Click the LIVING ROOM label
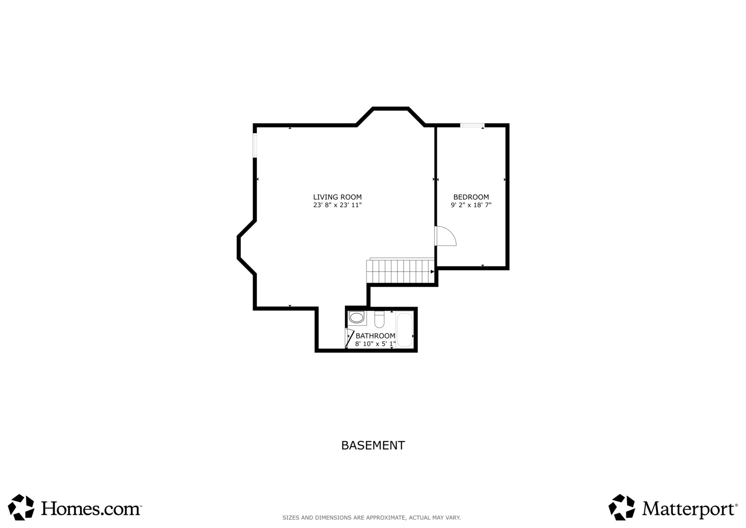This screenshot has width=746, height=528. (337, 197)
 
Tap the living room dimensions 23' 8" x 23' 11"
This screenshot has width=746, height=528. (337, 205)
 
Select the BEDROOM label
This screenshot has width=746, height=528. (471, 197)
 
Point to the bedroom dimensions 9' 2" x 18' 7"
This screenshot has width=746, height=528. (471, 205)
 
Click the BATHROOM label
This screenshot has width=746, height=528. (375, 336)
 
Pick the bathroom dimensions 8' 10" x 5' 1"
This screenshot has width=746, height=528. (375, 344)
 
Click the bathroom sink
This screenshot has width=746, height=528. (357, 317)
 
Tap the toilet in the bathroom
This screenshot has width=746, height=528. (379, 319)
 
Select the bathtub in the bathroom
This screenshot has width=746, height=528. (405, 330)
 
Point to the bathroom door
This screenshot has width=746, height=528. (350, 338)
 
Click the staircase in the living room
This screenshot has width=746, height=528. (400, 270)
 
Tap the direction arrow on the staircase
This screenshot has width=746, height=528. (432, 272)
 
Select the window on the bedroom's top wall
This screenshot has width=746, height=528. (472, 125)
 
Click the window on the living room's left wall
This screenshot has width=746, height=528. (255, 145)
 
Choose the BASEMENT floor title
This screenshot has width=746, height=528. (373, 445)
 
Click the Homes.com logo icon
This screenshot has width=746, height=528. (21, 507)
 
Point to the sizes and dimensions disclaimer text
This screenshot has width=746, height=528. (372, 518)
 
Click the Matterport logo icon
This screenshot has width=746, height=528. (622, 507)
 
